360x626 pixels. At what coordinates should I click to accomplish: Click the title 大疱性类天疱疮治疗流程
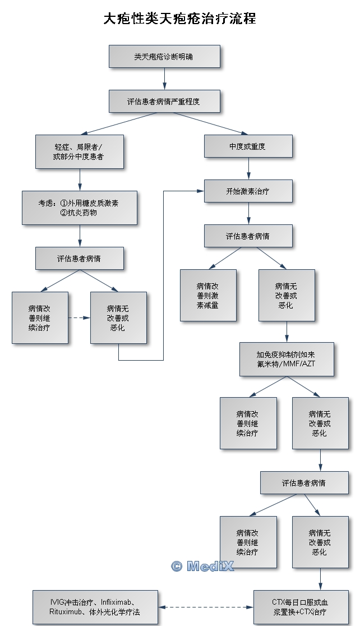tap(179, 19)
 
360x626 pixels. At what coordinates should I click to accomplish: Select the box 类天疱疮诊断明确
tap(164, 57)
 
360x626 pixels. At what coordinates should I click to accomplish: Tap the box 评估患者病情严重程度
tap(164, 102)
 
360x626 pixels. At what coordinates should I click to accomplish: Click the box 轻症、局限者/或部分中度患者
tap(79, 151)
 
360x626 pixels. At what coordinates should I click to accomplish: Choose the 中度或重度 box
tap(248, 146)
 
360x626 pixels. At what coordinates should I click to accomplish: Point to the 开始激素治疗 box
tap(248, 191)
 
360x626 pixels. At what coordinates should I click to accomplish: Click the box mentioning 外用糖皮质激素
tap(79, 208)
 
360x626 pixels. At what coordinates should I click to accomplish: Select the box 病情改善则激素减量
tap(208, 295)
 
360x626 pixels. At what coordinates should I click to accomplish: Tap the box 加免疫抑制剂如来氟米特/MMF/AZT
tap(287, 359)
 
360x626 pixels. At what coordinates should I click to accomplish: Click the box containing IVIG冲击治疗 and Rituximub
tap(95, 607)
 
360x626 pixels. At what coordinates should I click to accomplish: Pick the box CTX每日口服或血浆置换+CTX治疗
tap(301, 607)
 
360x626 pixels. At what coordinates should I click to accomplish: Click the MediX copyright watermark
tap(202, 566)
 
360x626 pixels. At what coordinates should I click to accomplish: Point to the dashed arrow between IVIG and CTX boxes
tap(205, 607)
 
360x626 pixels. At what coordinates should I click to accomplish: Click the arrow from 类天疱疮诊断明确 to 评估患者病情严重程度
tap(164, 79)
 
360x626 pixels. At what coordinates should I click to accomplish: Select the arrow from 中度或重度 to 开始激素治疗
tap(248, 168)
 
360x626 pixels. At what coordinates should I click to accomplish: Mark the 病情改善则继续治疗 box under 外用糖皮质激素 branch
tap(40, 317)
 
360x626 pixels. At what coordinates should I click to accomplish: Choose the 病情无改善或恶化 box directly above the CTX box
tap(320, 542)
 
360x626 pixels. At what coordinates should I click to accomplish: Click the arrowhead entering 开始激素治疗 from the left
tap(200, 191)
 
